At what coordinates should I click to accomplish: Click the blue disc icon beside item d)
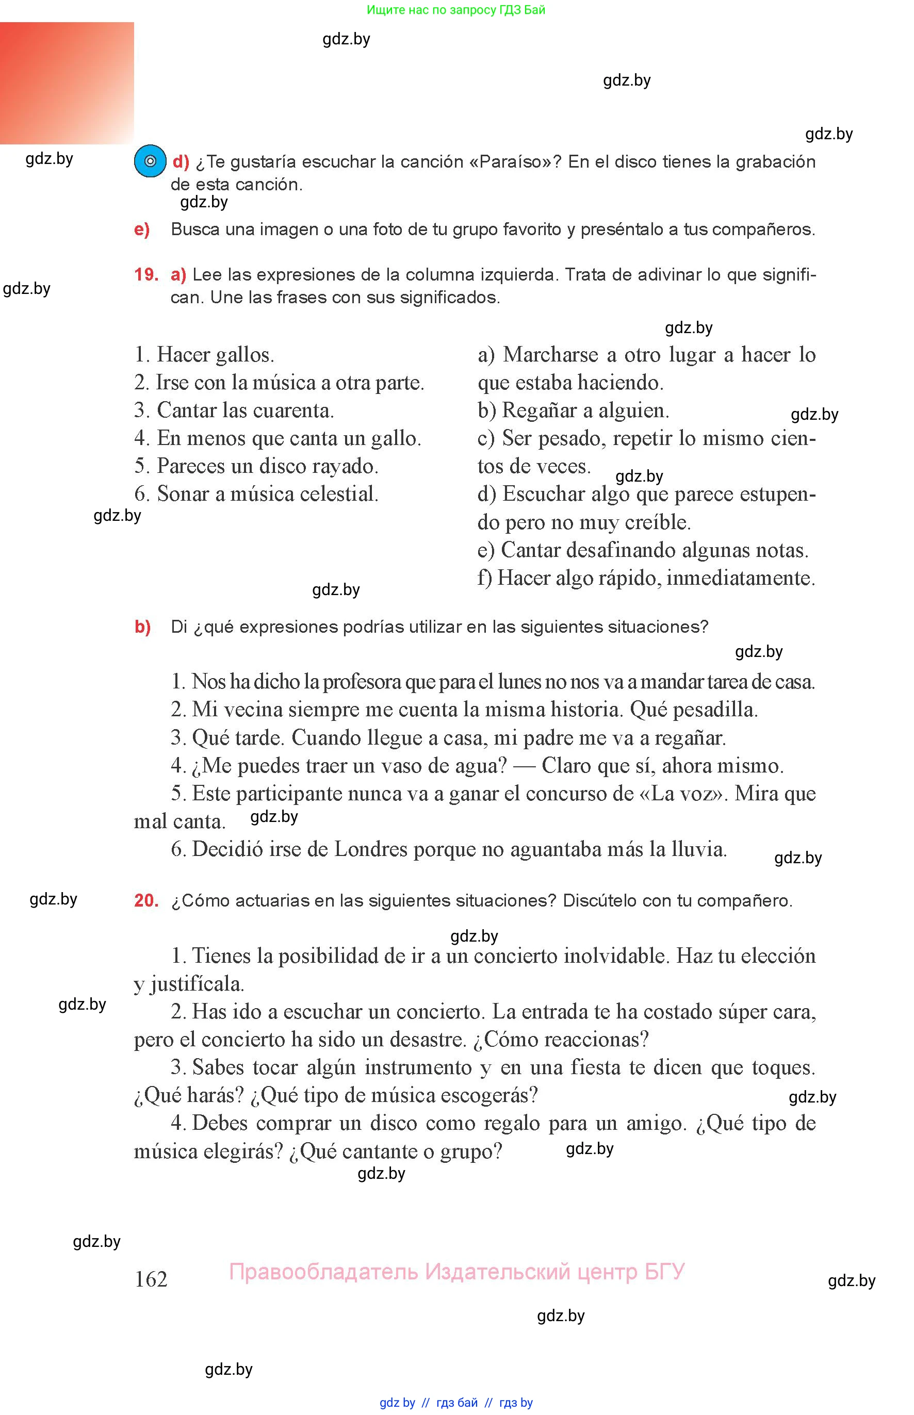(x=150, y=161)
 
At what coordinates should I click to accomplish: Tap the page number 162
(x=151, y=1278)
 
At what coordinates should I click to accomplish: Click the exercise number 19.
(x=146, y=275)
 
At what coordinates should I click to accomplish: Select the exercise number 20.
(x=146, y=900)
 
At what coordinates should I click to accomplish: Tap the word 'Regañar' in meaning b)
(x=539, y=410)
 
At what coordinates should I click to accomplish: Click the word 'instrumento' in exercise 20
(x=418, y=1067)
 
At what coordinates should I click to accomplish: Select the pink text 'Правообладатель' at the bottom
(x=323, y=1272)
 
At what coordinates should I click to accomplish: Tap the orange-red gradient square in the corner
(x=67, y=83)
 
